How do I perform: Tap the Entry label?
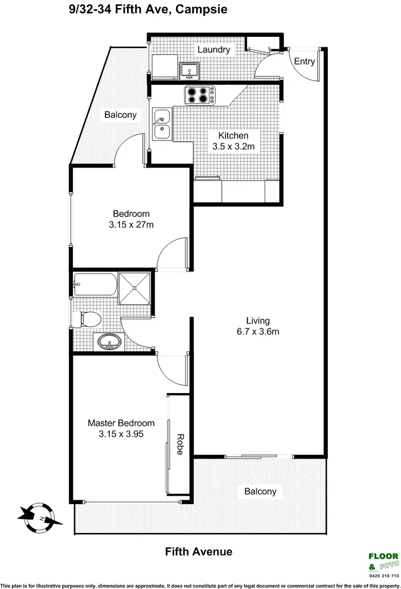[305, 61]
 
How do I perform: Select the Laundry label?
[214, 50]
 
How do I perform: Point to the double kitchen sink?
[161, 124]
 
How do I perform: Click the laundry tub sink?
[188, 70]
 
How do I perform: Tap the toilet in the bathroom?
[88, 319]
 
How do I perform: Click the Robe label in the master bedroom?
[179, 443]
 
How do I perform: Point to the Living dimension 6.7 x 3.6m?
[257, 332]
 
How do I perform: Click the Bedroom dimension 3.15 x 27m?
[131, 225]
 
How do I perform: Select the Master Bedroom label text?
[121, 423]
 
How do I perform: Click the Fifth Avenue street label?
[198, 552]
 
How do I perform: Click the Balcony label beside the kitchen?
[120, 114]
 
